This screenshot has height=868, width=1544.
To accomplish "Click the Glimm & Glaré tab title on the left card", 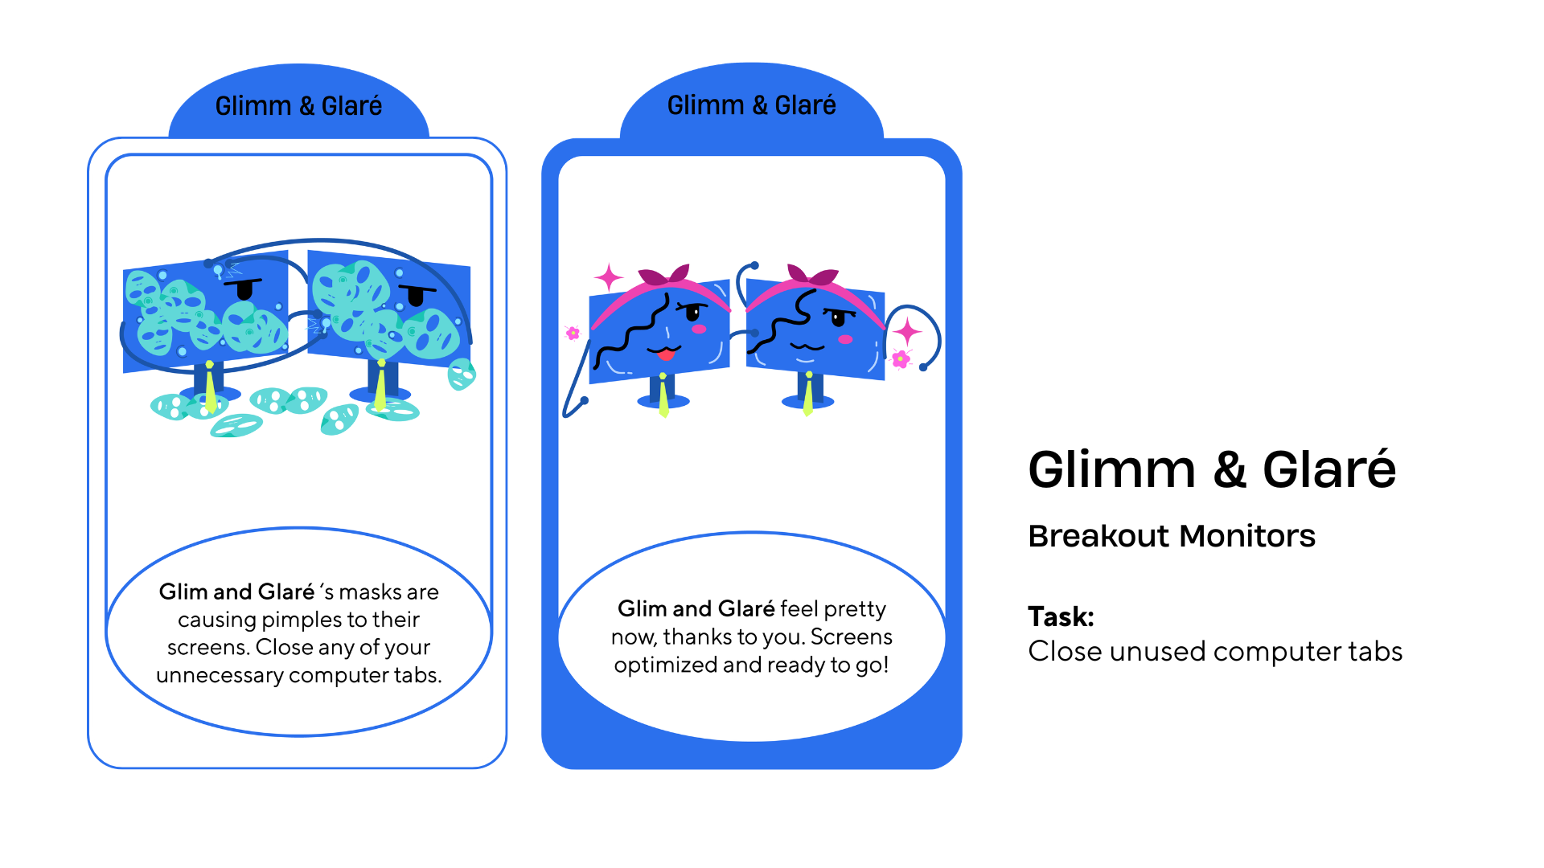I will point(298,106).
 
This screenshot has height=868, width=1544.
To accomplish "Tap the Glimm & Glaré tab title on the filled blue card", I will point(751,105).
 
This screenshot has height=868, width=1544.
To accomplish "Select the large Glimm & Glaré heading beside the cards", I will point(1211,469).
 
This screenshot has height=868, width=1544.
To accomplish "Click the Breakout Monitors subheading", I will point(1171,536).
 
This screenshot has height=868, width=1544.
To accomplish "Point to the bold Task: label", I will point(1061,616).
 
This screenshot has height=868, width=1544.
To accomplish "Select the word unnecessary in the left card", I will point(220,675).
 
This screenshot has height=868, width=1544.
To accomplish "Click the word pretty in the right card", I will point(854,609).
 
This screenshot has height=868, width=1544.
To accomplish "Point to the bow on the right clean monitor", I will point(812,276).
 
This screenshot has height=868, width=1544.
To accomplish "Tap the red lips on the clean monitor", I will point(666,354).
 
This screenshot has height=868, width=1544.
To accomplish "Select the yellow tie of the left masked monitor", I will point(210,390).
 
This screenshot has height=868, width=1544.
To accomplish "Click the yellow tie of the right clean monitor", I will point(808,395).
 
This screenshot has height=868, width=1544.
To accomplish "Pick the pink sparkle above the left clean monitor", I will point(609,278).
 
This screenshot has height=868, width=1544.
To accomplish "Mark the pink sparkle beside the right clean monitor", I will point(908,330).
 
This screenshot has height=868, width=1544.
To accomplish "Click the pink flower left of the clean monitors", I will point(573,333).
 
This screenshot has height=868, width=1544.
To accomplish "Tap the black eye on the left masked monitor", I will point(244,289).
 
